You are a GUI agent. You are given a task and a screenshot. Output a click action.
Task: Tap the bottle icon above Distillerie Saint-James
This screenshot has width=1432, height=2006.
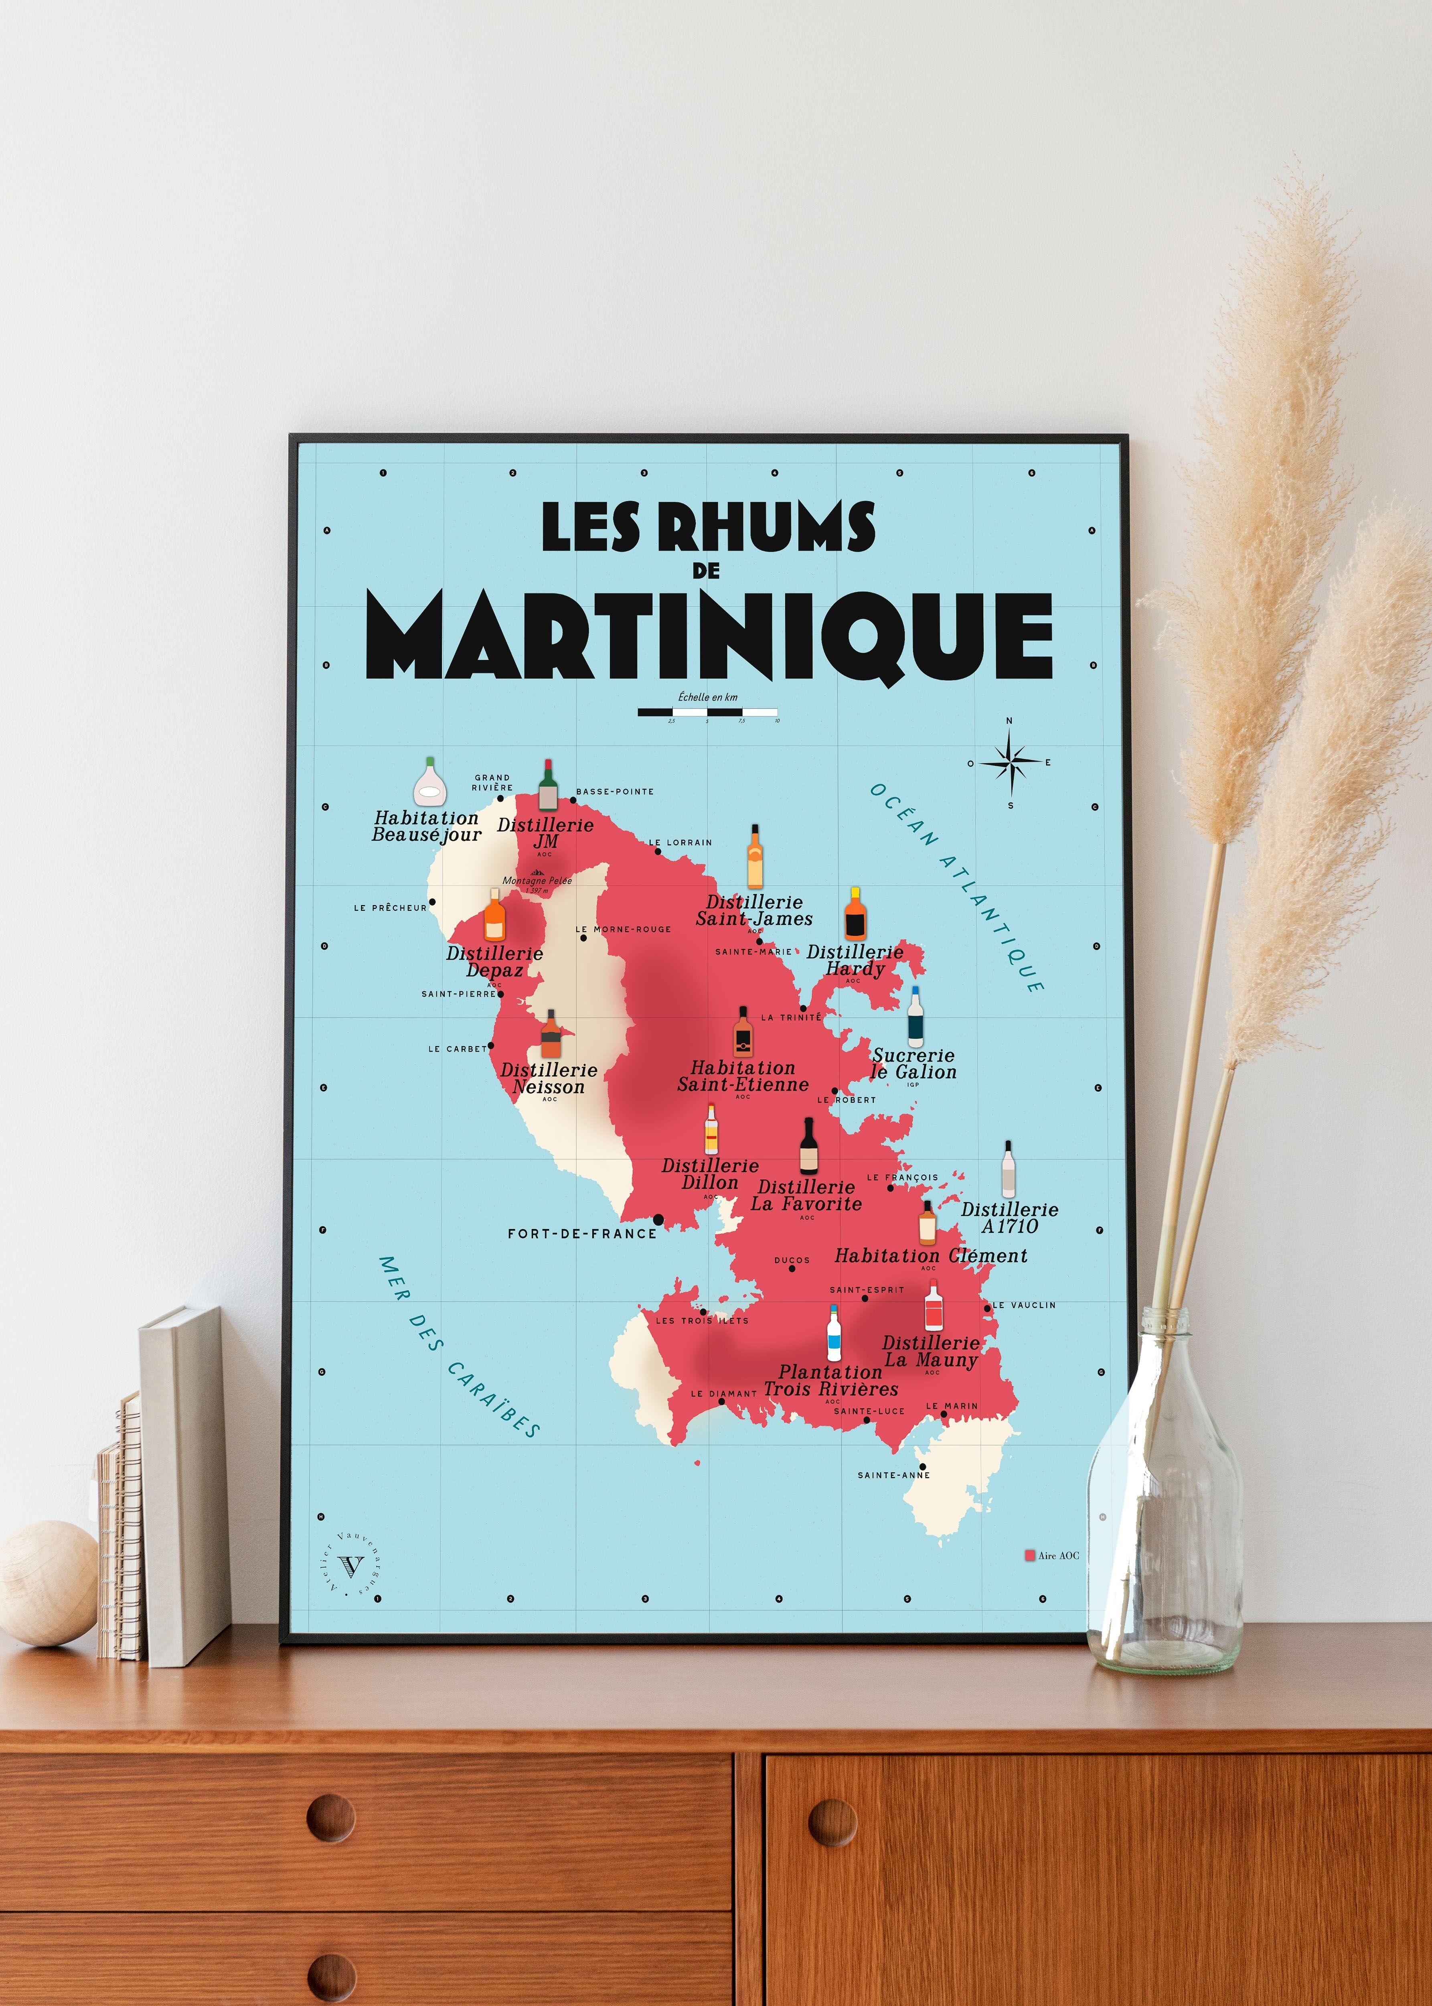(x=755, y=857)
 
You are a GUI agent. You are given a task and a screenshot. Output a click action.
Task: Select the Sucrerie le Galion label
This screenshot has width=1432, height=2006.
(x=913, y=1064)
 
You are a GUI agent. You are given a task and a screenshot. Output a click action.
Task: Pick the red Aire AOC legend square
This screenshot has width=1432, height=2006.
(x=1029, y=1555)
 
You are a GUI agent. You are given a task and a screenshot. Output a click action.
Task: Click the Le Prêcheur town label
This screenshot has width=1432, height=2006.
(x=390, y=908)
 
